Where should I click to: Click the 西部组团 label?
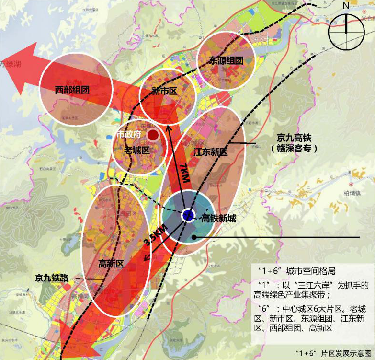[x=72, y=89]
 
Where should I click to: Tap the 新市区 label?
[x=164, y=91]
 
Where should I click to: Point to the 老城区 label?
[x=137, y=151]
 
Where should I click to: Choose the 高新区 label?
[x=111, y=263]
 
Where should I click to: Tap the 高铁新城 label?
[x=218, y=219]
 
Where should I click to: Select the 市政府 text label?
[x=129, y=135]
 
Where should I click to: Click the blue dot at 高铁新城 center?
[x=188, y=215]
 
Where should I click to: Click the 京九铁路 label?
[x=52, y=278]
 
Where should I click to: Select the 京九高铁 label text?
[x=294, y=138]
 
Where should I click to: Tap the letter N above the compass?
[x=346, y=7]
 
